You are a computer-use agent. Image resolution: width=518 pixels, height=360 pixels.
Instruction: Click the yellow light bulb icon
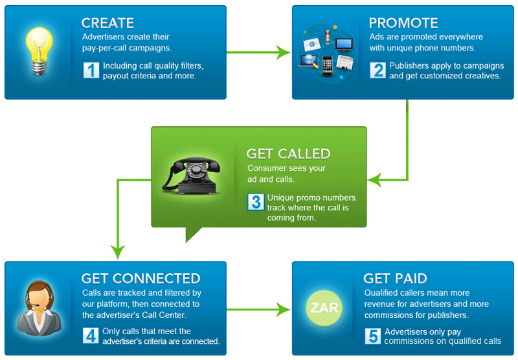tap(39, 51)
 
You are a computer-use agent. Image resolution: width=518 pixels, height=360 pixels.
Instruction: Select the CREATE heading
tap(107, 23)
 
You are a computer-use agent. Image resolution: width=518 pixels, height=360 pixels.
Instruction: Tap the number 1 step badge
tap(91, 70)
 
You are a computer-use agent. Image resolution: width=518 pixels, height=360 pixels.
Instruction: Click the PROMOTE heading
tap(403, 23)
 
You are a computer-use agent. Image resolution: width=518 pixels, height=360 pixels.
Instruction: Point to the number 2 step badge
tap(378, 70)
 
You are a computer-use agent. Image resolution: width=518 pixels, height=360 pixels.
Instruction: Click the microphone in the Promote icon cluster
tap(328, 37)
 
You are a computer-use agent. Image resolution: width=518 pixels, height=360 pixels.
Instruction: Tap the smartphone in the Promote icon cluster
tap(327, 67)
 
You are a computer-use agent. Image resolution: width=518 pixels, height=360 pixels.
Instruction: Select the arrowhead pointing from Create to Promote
tap(284, 52)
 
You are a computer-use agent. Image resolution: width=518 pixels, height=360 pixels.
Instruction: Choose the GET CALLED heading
tap(288, 154)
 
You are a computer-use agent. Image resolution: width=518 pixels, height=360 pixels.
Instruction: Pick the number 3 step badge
tap(256, 202)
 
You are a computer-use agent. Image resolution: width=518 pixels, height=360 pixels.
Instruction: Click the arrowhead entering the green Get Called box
tap(375, 180)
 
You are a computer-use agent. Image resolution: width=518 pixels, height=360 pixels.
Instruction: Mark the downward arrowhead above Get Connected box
tap(118, 253)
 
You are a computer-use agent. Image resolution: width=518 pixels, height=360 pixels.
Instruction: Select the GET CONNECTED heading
tap(141, 279)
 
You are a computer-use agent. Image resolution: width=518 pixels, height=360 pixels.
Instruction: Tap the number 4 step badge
tap(91, 335)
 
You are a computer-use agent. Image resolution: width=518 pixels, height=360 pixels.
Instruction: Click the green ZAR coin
tap(324, 308)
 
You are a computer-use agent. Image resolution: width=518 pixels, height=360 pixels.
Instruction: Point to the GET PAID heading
tap(395, 279)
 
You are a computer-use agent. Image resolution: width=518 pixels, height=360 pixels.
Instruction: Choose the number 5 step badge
tap(373, 336)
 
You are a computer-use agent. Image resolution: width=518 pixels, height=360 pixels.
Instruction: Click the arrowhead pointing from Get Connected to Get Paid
tap(284, 309)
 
